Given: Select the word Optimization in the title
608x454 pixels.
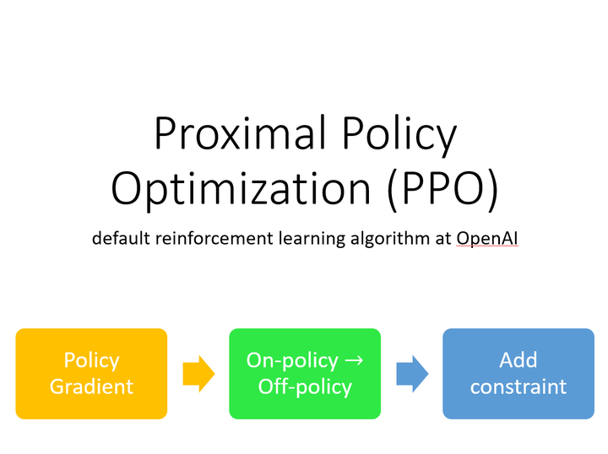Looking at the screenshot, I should click(239, 189).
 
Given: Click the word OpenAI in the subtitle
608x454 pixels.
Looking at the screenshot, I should click(487, 238).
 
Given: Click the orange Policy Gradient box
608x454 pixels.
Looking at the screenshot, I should click(91, 373).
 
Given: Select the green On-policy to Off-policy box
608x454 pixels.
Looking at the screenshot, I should click(305, 373).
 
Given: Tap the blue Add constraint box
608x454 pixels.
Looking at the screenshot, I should click(518, 373).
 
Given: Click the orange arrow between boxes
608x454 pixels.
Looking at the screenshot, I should click(198, 373).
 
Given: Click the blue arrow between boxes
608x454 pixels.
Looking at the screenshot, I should click(412, 373).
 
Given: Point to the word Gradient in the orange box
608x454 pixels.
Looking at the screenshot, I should click(91, 387).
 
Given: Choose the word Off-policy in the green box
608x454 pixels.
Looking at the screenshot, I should click(305, 387).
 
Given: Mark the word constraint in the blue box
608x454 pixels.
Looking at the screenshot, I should click(518, 387).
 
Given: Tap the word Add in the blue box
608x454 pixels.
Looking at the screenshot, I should click(518, 359).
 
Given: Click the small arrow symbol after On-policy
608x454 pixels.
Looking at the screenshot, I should click(356, 361).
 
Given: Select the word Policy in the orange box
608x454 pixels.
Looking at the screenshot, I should click(91, 359).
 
